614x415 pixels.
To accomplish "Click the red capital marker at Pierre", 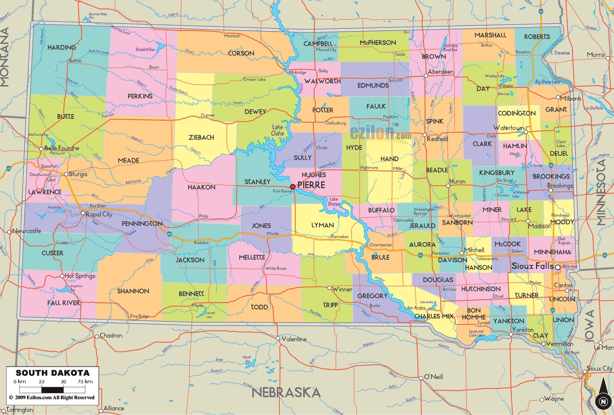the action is point(293,187).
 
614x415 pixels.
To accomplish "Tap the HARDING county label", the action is point(62,47).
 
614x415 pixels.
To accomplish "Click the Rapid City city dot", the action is point(83,213).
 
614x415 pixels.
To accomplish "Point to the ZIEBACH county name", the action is point(201,137).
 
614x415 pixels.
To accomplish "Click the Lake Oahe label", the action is point(278,130).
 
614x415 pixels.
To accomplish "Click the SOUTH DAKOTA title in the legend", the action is point(52,373).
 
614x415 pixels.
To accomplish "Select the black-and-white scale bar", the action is point(52,389).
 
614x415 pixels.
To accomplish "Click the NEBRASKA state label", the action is point(286,392).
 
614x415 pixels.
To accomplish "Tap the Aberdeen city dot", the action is point(426,76).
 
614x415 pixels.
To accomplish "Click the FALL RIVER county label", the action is point(64,303).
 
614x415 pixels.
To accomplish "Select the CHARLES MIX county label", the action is point(434,316).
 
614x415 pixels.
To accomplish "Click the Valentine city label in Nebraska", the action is point(294,339).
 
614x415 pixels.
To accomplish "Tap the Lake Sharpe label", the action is point(334,202).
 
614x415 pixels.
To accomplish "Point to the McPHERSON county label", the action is point(378,43).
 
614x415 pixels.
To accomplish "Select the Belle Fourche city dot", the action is point(42,148).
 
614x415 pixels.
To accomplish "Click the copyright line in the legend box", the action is point(52,397).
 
